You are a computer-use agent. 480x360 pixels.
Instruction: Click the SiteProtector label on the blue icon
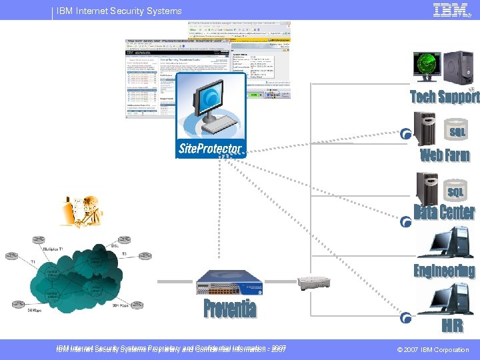[x=210, y=147]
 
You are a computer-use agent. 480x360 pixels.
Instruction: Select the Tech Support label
[x=445, y=97]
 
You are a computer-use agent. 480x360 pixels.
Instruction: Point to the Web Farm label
[x=445, y=155]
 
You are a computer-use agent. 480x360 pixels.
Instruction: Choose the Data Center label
[x=444, y=213]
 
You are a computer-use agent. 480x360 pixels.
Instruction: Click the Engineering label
[x=444, y=271]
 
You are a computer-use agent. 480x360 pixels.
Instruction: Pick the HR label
[x=451, y=326]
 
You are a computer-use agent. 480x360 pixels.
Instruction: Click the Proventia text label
[x=230, y=309]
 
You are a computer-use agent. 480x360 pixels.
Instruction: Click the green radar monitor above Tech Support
[x=427, y=65]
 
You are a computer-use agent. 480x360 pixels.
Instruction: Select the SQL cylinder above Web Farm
[x=457, y=132]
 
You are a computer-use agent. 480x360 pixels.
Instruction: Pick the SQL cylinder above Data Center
[x=456, y=192]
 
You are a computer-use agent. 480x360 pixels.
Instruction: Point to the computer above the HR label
[x=445, y=299]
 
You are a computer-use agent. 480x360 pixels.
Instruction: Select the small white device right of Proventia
[x=314, y=283]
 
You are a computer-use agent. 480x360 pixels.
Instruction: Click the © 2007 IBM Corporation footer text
[x=433, y=349]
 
